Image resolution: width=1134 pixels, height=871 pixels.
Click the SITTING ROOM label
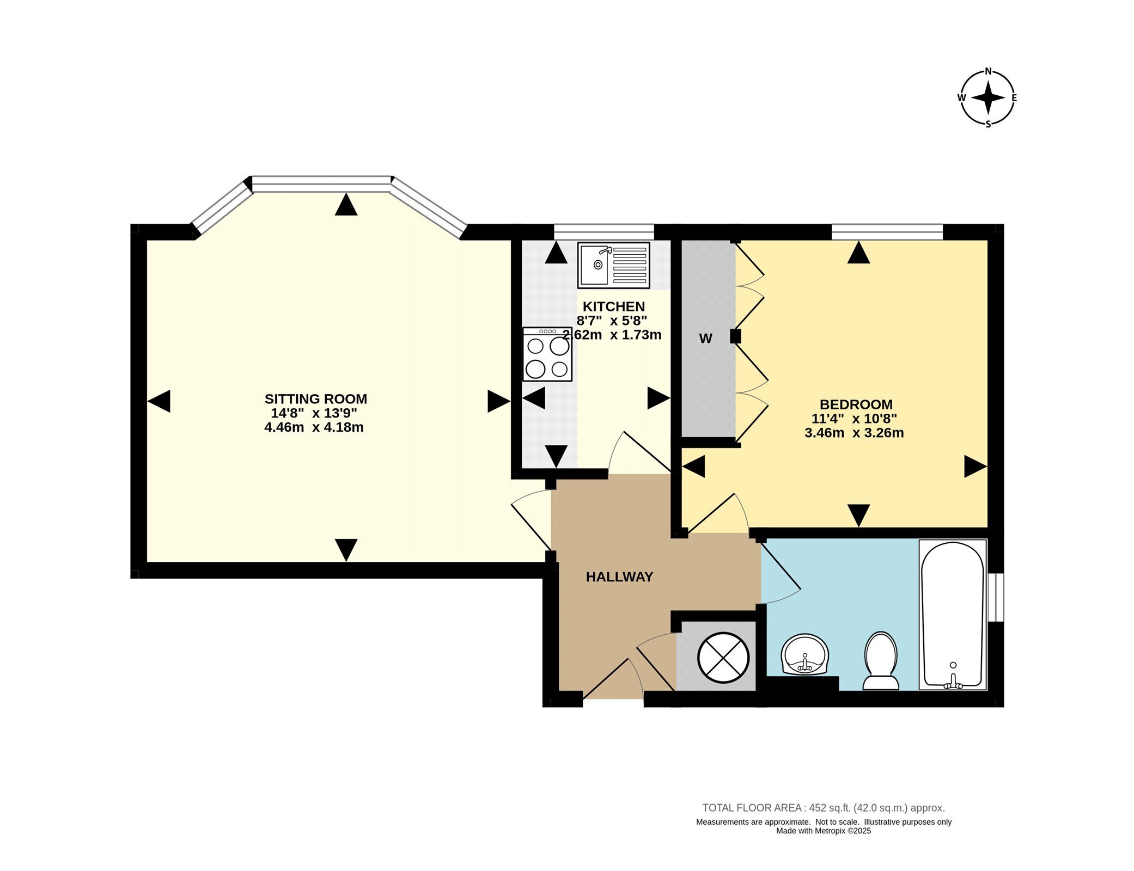click(316, 399)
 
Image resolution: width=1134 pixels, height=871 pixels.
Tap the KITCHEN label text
click(614, 306)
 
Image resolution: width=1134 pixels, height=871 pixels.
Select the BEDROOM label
click(856, 404)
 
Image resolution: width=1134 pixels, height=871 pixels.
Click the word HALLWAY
click(619, 577)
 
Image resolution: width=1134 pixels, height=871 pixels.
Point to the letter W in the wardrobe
click(705, 339)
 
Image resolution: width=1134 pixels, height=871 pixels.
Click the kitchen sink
click(614, 265)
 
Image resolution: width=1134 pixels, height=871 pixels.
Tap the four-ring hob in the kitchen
click(547, 354)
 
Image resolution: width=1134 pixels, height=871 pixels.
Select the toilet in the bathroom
click(881, 660)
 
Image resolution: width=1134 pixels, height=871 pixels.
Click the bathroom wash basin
click(805, 654)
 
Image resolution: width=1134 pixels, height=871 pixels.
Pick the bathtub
click(953, 615)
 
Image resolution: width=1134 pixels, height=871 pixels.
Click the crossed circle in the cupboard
click(723, 658)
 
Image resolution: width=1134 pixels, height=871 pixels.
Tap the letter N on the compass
click(988, 71)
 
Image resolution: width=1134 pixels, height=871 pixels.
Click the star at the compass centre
click(988, 98)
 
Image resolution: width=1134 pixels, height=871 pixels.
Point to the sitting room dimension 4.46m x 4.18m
click(314, 427)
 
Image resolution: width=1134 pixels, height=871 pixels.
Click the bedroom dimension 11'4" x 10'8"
click(854, 419)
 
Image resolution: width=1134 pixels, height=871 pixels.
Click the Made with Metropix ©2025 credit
click(824, 831)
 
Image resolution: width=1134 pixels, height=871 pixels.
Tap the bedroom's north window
click(887, 232)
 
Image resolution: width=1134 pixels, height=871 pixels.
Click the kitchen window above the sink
click(604, 232)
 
